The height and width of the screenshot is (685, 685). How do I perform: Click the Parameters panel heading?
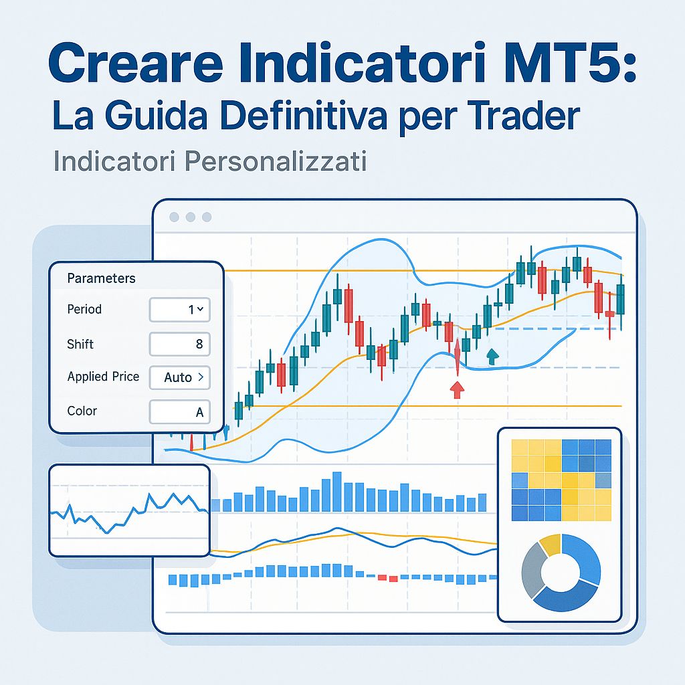pos(101,278)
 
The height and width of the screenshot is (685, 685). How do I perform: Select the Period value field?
pos(179,310)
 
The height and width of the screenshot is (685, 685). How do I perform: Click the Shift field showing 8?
pos(179,345)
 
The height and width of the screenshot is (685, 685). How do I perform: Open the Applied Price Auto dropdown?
pos(179,377)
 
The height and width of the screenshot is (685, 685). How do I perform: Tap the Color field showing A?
pos(179,412)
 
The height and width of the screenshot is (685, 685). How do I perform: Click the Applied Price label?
pos(103,377)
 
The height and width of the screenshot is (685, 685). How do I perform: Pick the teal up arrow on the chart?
pos(492,356)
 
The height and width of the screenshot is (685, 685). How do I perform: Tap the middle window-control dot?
pos(191,217)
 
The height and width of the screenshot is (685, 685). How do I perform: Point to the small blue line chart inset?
pos(129,510)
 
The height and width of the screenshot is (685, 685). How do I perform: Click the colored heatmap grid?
pos(561,480)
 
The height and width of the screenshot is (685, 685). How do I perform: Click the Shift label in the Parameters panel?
pos(80,345)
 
